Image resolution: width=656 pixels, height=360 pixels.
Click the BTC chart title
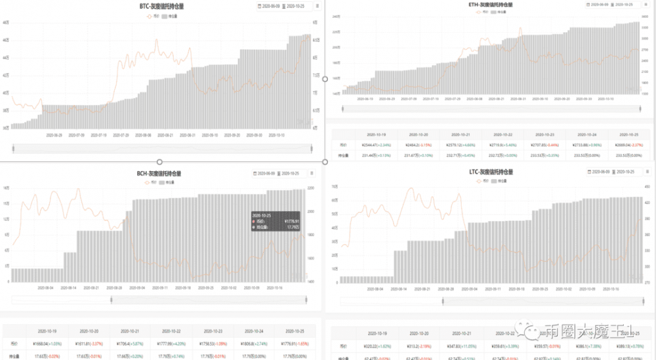[160, 6]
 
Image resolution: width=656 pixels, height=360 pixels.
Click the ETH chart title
[491, 5]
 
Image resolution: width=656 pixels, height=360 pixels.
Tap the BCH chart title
[159, 174]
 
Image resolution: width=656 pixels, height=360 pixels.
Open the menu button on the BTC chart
[318, 6]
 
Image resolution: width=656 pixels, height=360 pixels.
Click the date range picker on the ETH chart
[612, 5]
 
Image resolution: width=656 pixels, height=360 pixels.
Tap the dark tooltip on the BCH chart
[276, 221]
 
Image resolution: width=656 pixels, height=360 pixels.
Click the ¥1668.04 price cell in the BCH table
[47, 344]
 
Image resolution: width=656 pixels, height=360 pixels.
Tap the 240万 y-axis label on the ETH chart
[335, 15]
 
